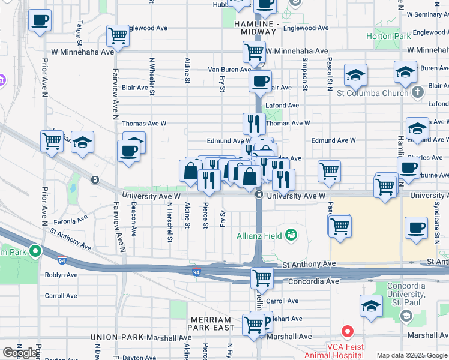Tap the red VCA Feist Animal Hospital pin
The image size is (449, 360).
click(x=346, y=331)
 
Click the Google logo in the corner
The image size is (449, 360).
click(x=20, y=353)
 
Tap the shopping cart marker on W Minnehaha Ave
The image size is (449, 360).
click(x=255, y=52)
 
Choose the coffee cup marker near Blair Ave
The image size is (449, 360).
click(x=260, y=82)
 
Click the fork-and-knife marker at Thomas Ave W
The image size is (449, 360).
click(x=254, y=124)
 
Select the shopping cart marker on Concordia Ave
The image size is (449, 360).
click(x=262, y=278)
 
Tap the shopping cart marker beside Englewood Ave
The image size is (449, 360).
click(x=118, y=35)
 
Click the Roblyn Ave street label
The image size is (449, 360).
click(x=61, y=275)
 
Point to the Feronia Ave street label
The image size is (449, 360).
click(x=61, y=221)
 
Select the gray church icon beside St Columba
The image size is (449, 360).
click(x=418, y=92)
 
